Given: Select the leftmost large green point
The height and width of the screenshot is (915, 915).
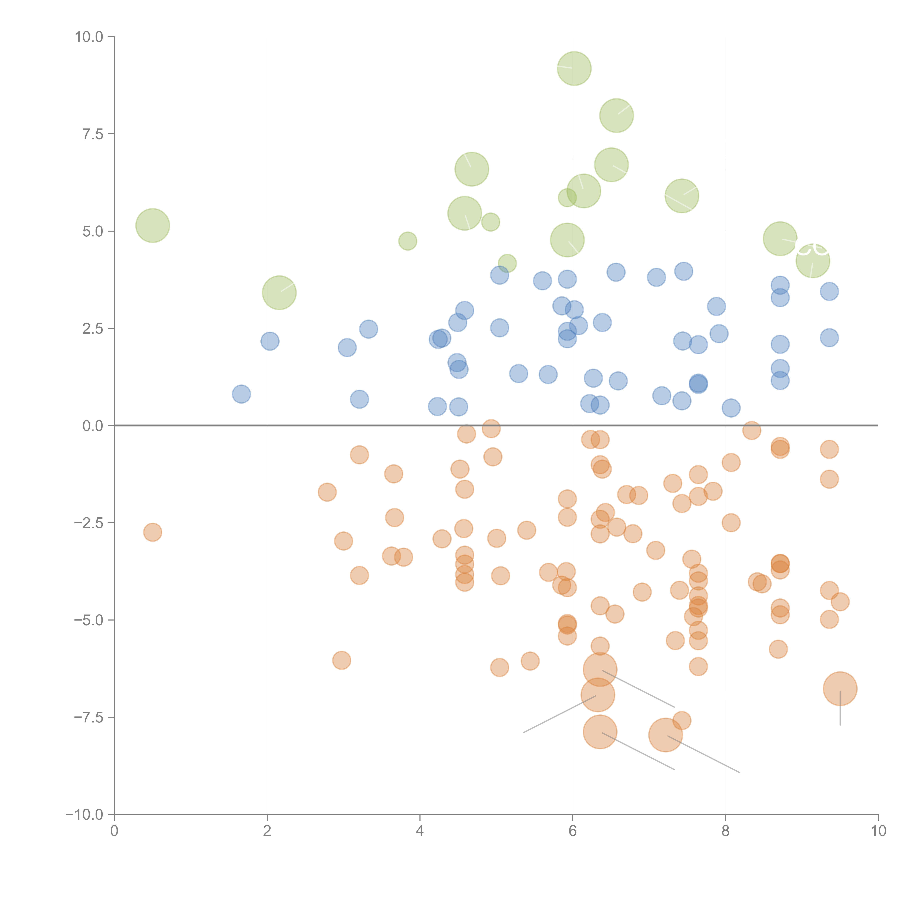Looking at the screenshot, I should pyautogui.click(x=152, y=225).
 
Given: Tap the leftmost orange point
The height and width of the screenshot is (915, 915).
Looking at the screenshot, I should pyautogui.click(x=152, y=532).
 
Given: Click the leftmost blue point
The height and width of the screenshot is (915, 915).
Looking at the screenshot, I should pyautogui.click(x=242, y=394).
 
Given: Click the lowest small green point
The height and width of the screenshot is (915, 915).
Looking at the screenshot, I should pyautogui.click(x=507, y=263).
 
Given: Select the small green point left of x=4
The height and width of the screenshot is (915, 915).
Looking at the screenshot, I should pyautogui.click(x=408, y=241).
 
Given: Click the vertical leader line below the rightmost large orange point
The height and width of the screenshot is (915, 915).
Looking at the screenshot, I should pyautogui.click(x=840, y=710).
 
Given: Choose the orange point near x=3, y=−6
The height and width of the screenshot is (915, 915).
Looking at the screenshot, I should pyautogui.click(x=341, y=660).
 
